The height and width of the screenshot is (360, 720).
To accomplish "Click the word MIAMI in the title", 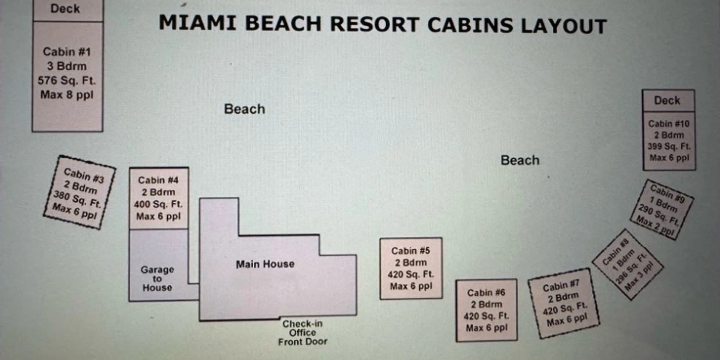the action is point(197,23).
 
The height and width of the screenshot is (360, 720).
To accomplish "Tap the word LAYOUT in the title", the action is point(564,26).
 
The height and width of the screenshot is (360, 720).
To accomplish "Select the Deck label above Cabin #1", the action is point(65,9).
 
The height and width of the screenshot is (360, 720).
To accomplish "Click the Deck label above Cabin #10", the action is point(667,100).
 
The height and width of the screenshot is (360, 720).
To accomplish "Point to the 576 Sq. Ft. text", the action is point(67,80).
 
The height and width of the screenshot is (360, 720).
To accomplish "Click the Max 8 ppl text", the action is point(67,95).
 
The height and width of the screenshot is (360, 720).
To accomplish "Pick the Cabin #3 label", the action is point(84,176).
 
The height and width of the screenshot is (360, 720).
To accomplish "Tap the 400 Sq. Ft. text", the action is point(158,204).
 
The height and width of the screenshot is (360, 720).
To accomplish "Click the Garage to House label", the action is point(157,278).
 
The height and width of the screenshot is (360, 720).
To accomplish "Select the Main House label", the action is point(265,264).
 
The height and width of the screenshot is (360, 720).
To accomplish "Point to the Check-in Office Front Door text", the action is point(303,333).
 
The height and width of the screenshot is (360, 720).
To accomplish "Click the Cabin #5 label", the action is point(411,251).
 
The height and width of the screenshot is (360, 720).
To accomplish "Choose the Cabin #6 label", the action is point(486,293).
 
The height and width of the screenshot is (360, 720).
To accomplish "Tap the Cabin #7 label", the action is point(561,286).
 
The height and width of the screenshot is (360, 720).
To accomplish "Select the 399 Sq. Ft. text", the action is point(669,146).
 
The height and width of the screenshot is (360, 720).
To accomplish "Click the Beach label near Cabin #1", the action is point(244,109).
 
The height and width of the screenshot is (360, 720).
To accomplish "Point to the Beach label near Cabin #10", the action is point(520,160).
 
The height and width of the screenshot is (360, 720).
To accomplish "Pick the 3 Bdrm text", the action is point(67,66).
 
